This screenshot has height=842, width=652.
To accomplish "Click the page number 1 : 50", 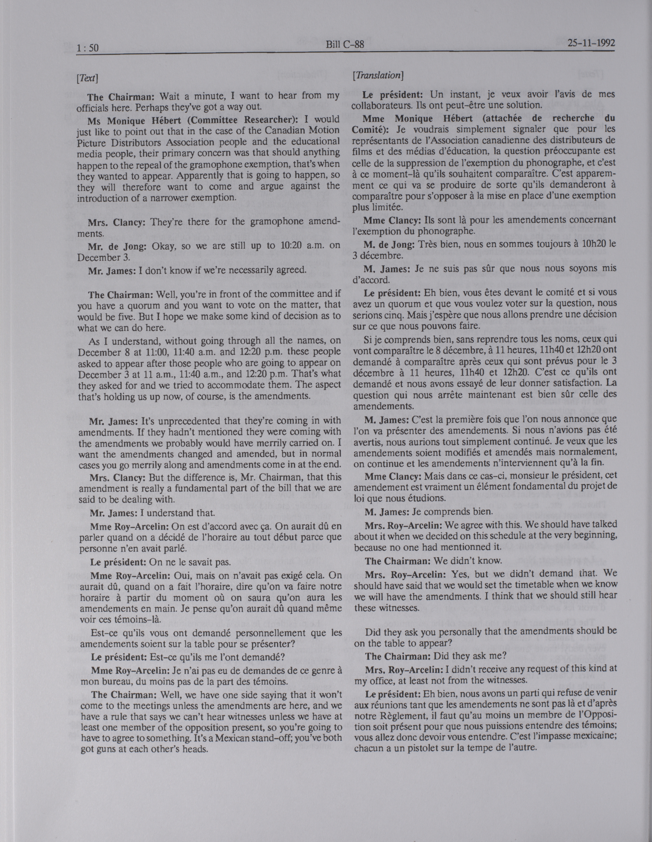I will pyautogui.click(x=88, y=48).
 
